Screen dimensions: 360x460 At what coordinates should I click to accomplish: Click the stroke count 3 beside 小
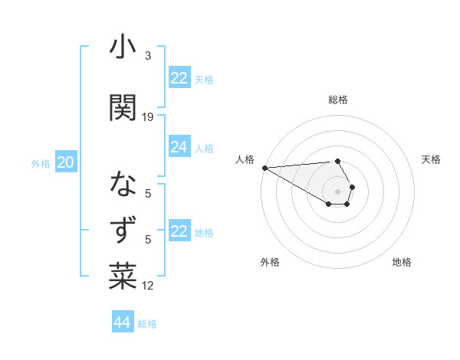coord(147,56)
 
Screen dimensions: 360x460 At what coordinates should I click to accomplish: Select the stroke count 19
coord(148,116)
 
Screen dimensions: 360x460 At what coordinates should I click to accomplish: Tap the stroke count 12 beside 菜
coord(148,286)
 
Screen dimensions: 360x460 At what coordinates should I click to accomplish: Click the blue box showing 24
coord(179,147)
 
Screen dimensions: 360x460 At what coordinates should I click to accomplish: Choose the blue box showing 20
coord(66,162)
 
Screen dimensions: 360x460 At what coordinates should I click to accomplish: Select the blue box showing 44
coord(122,322)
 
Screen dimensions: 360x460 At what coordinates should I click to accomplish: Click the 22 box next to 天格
coord(179,78)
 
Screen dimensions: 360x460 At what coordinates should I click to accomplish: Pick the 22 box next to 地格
coord(179,231)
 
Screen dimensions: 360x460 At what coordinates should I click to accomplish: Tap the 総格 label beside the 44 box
coord(147,324)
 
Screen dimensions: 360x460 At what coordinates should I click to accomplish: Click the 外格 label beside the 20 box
coord(41,163)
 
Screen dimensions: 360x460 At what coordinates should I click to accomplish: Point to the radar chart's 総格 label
coord(338,100)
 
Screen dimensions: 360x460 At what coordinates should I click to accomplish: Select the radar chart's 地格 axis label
coord(402,262)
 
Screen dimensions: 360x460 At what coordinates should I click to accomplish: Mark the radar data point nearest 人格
coord(264,167)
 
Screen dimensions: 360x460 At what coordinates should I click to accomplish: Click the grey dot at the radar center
coord(337,190)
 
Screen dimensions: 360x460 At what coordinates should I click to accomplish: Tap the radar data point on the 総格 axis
coord(337,161)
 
